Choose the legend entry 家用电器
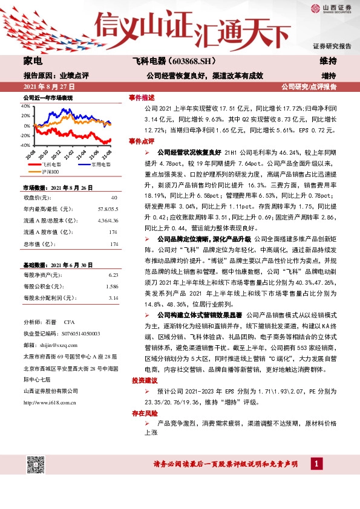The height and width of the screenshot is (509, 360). (100, 163)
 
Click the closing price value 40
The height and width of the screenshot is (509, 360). (114, 198)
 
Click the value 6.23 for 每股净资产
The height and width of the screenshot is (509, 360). (113, 274)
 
